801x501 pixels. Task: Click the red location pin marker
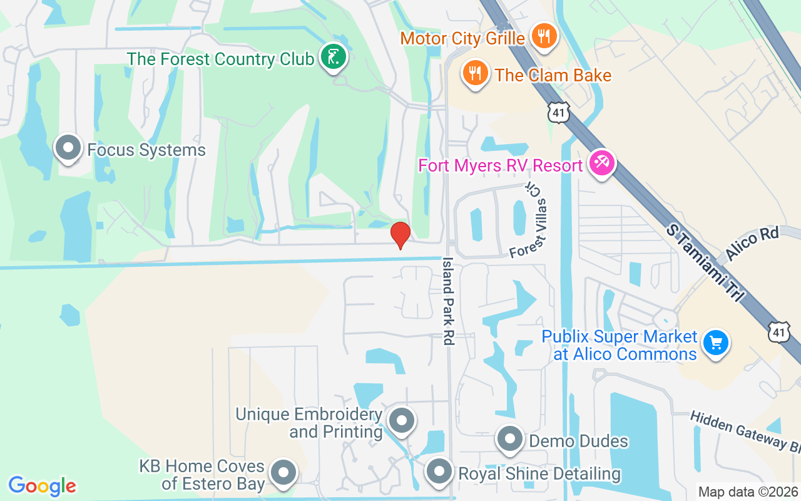click(x=400, y=235)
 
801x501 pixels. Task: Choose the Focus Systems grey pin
click(x=68, y=148)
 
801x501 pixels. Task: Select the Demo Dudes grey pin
click(x=510, y=439)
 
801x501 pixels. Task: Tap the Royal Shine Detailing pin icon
click(x=439, y=472)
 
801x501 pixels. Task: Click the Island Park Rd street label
click(x=449, y=301)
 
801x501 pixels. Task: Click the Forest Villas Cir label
click(x=529, y=221)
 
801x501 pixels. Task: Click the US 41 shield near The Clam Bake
click(x=559, y=112)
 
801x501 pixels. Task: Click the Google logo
click(x=42, y=486)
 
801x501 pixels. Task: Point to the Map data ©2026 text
click(x=747, y=492)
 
